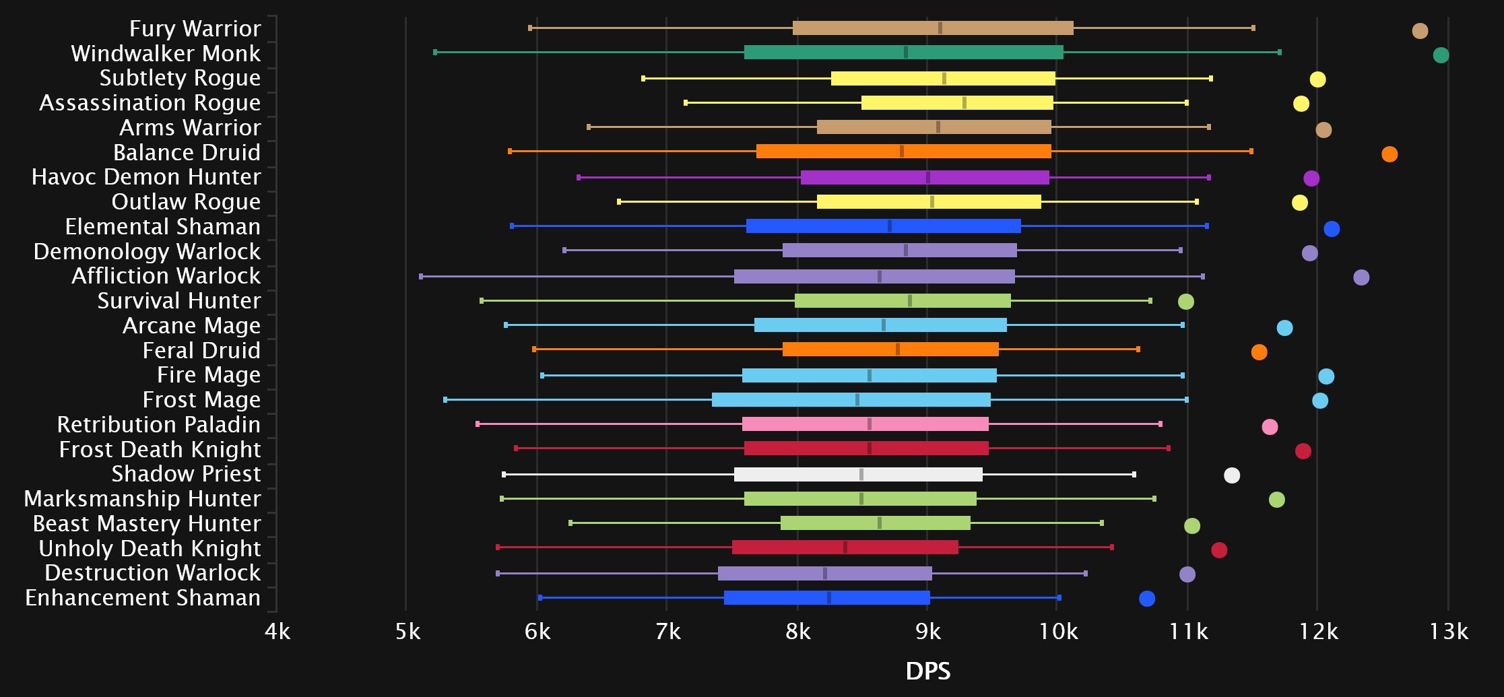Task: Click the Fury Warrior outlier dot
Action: click(1420, 31)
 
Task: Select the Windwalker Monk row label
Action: click(166, 53)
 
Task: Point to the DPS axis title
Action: click(927, 671)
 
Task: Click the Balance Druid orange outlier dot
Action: click(1389, 154)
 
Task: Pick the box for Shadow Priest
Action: click(858, 474)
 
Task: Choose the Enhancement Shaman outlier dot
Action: click(1147, 599)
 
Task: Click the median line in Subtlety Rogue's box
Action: click(944, 78)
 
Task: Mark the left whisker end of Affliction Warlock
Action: click(421, 276)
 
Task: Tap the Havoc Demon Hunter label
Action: click(146, 177)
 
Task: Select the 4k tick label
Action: click(277, 631)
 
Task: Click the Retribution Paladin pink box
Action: click(865, 424)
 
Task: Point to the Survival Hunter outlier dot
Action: click(1186, 302)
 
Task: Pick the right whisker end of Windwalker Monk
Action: click(1280, 53)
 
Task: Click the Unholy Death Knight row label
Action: click(150, 548)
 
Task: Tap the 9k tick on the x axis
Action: click(928, 631)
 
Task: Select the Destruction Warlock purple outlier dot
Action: click(1187, 574)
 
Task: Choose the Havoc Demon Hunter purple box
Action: click(925, 178)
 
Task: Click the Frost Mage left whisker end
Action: click(445, 400)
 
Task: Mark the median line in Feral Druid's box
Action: click(898, 350)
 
